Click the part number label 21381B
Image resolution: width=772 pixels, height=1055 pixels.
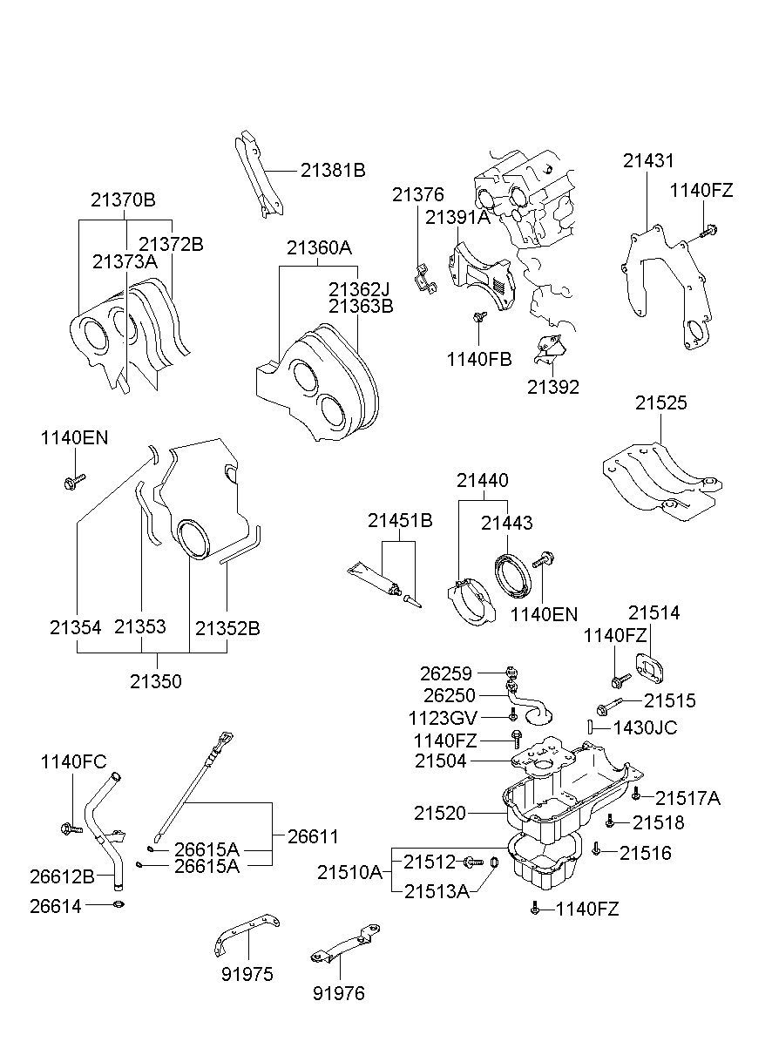coord(333,170)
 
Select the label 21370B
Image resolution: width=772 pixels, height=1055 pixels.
coord(123,200)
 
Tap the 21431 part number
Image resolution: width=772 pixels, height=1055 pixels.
coord(648,160)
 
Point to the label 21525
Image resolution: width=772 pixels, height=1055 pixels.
coord(660,402)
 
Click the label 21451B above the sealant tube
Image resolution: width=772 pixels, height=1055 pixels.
coord(400,520)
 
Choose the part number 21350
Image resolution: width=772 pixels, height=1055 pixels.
coord(156,681)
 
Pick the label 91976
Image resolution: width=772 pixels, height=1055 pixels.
coord(339,993)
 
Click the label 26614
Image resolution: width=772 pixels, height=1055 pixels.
coord(56,906)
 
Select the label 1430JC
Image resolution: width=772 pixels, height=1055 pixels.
coord(645,727)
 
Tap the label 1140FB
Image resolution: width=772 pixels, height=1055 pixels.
coord(479,359)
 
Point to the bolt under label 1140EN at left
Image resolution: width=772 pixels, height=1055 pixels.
coord(74,482)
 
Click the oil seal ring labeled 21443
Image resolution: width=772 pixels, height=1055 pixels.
coord(513,577)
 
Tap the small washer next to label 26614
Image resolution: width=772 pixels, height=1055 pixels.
coord(119,904)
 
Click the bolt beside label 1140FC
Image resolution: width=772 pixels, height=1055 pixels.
coord(72,828)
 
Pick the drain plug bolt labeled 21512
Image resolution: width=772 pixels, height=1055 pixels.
coord(473,862)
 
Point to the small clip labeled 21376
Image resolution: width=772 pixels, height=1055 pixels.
coord(425,280)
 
